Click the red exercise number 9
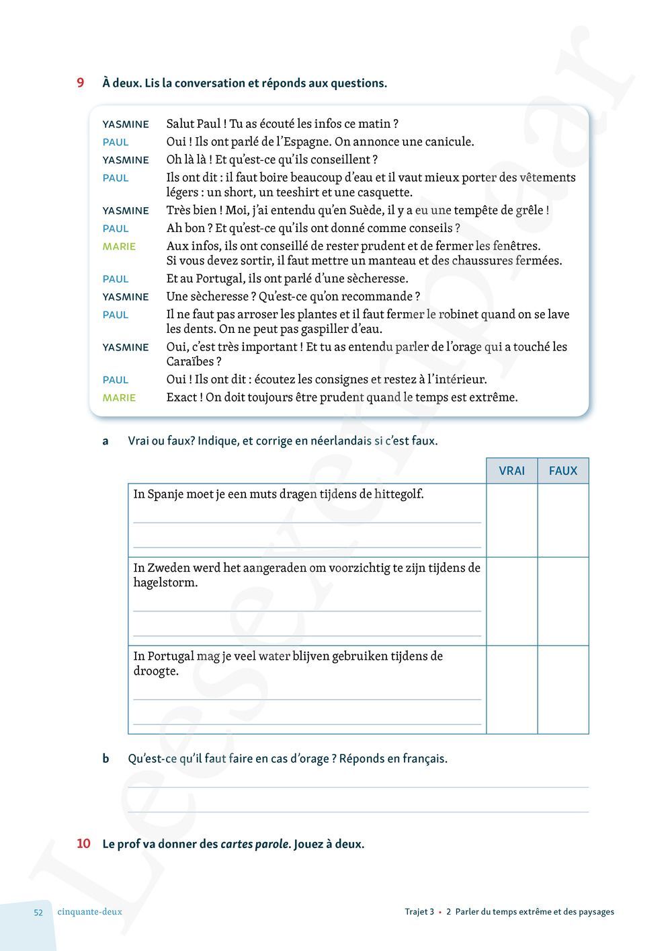click(81, 83)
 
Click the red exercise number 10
click(83, 843)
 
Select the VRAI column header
click(511, 471)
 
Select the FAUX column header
click(563, 471)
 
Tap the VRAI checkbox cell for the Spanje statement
click(511, 520)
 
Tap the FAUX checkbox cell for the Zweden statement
click(563, 601)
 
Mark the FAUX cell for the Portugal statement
click(563, 689)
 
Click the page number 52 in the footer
click(38, 913)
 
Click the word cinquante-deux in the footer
click(90, 912)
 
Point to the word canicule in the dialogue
click(449, 142)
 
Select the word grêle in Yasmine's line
click(530, 211)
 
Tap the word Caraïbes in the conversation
click(191, 362)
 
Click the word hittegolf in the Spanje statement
click(398, 494)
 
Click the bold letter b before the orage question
click(106, 759)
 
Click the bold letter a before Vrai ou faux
click(106, 441)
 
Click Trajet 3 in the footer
click(419, 912)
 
